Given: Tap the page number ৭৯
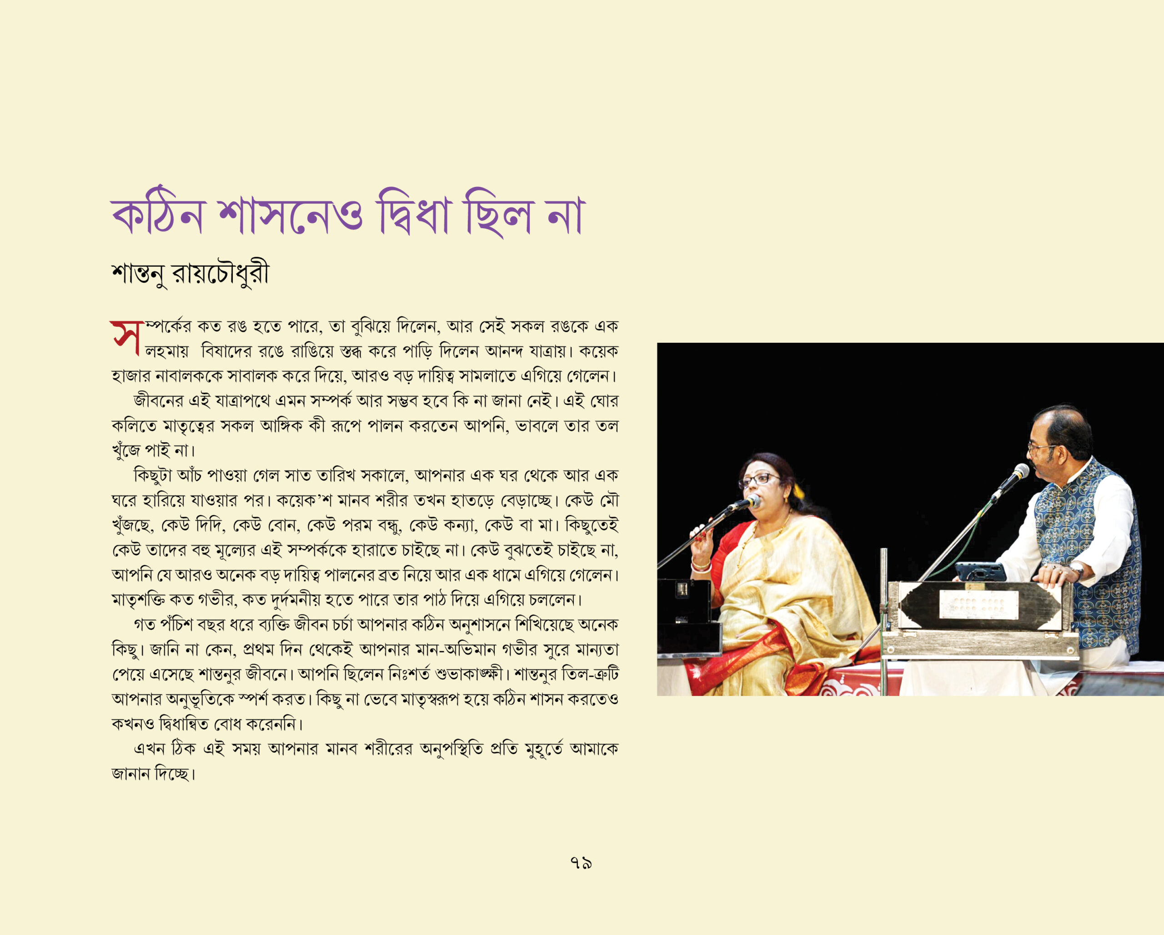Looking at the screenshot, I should (581, 863).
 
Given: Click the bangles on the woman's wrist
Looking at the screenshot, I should (700, 565).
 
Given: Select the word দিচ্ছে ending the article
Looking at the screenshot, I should (174, 774).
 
